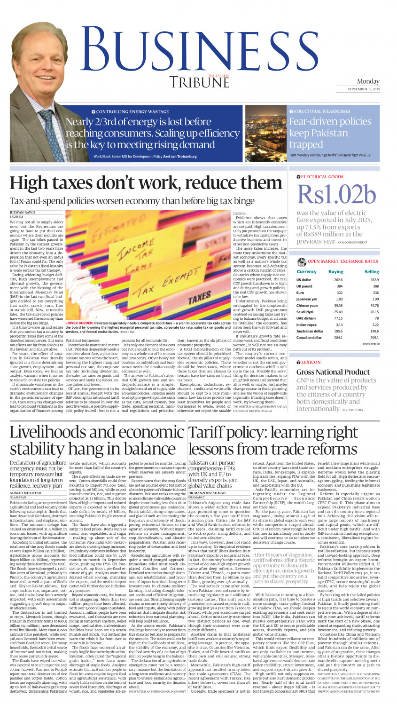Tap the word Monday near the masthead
pyautogui.click(x=368, y=81)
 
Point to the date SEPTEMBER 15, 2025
pyautogui.click(x=364, y=89)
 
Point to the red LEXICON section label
pyautogui.click(x=311, y=362)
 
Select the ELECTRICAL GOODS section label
pyautogui.click(x=322, y=177)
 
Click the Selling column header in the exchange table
pyautogui.click(x=371, y=271)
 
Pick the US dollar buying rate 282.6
pyautogui.click(x=338, y=280)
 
